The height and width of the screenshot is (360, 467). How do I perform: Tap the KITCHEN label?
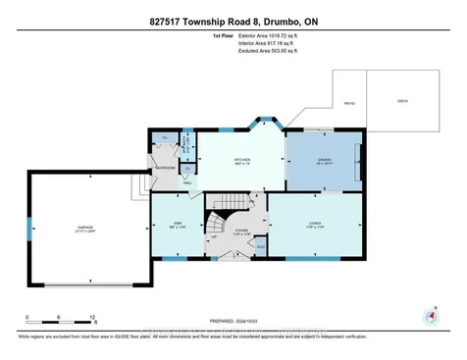pos(241,159)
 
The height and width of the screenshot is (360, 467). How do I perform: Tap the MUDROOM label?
pos(165,168)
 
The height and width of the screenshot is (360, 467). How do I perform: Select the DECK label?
pos(401,100)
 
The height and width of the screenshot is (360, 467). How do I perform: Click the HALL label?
pos(187,182)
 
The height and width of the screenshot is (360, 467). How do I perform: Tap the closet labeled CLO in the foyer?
pos(261,246)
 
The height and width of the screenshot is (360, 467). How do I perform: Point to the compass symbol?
pos(429,316)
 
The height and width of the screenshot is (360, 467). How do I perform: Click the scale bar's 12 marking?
pos(92,318)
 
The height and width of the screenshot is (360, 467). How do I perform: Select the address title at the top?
pos(233,21)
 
